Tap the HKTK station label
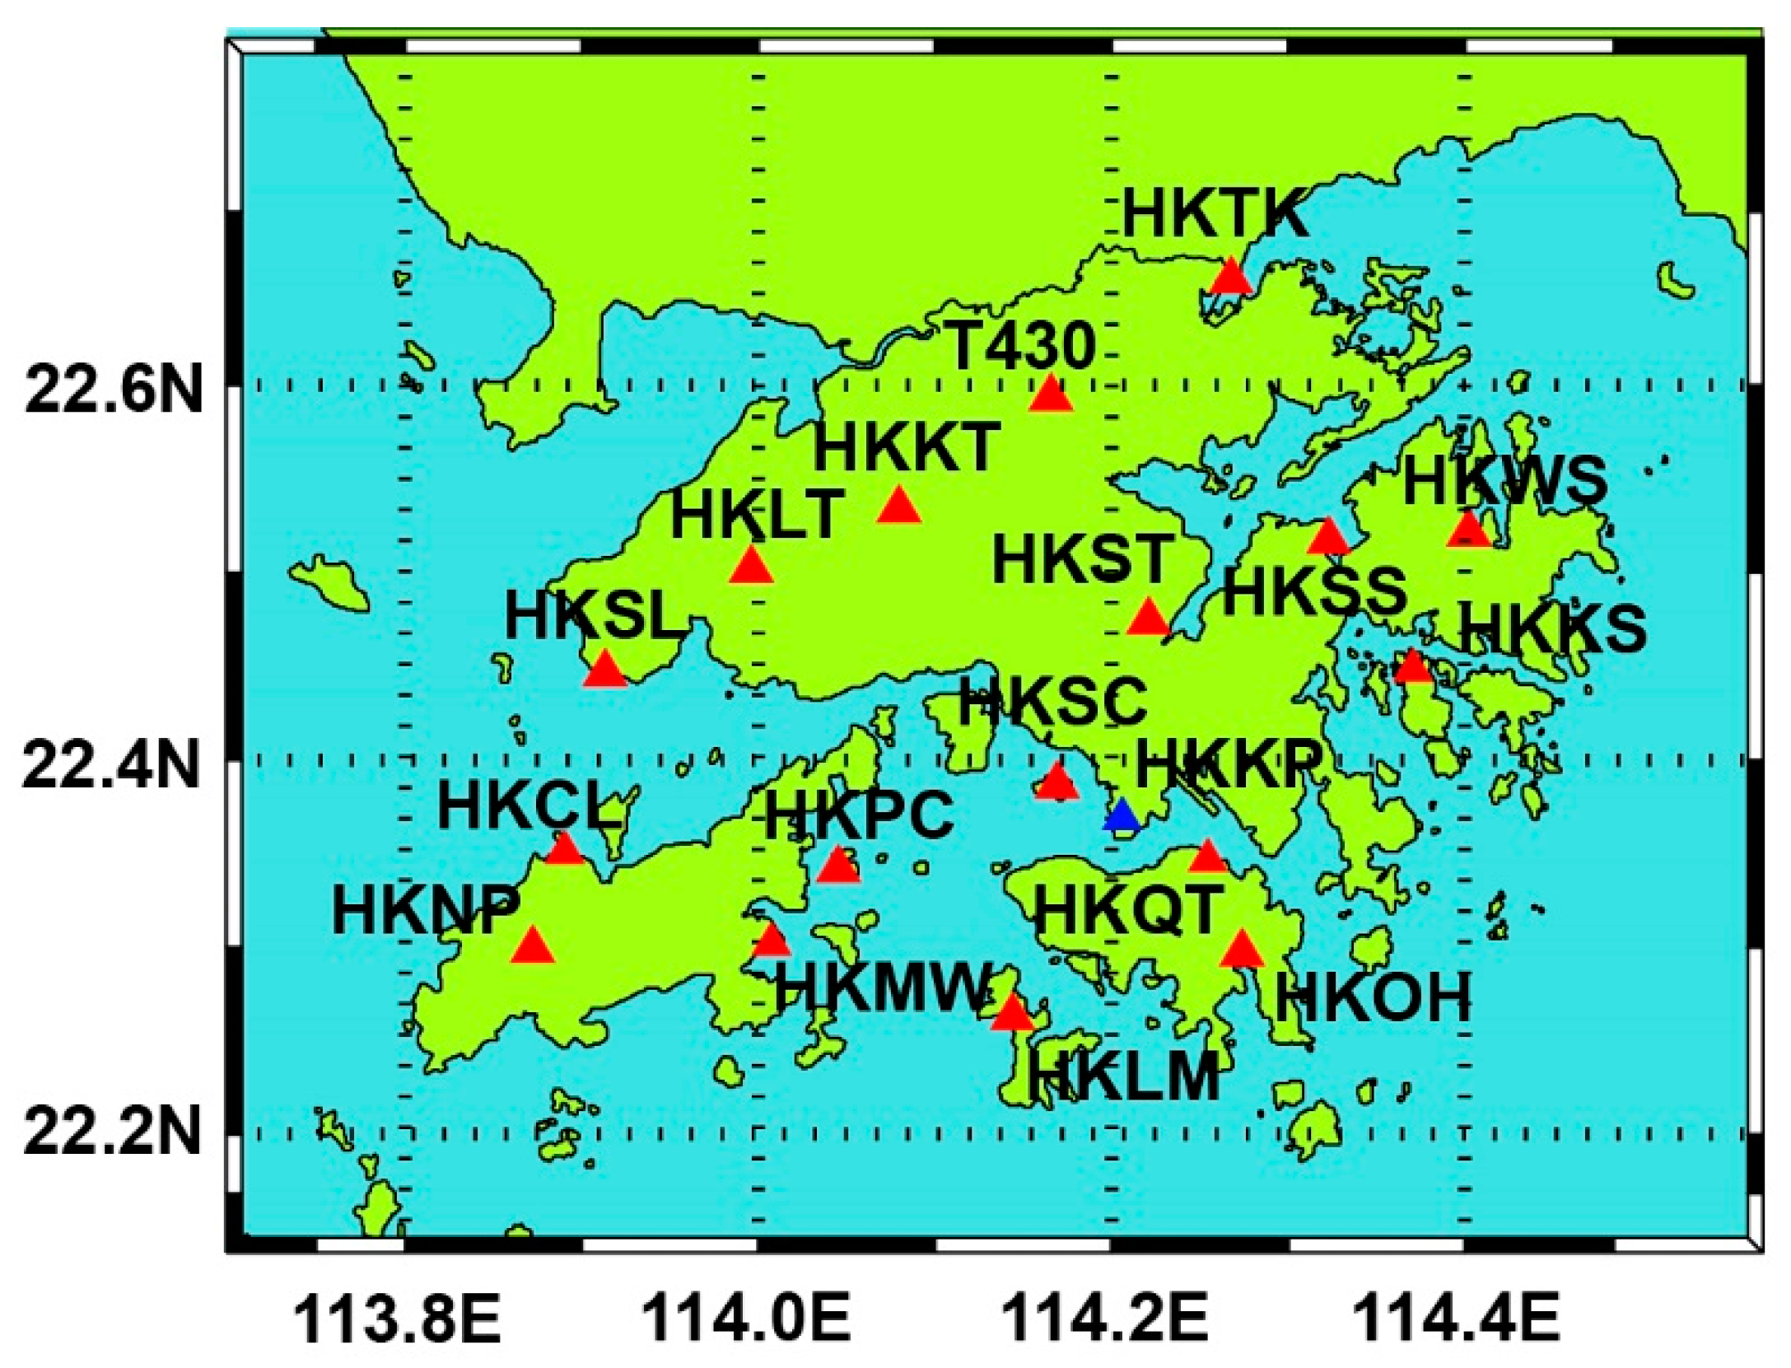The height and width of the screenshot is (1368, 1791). pos(1215,213)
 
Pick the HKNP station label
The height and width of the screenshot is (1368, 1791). pos(425,911)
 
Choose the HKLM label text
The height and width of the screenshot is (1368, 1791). pos(1123,1076)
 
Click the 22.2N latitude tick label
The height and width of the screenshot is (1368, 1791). pos(112,1133)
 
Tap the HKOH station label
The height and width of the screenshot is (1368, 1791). pos(1373,998)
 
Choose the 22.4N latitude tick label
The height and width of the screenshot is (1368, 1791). pos(111,766)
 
